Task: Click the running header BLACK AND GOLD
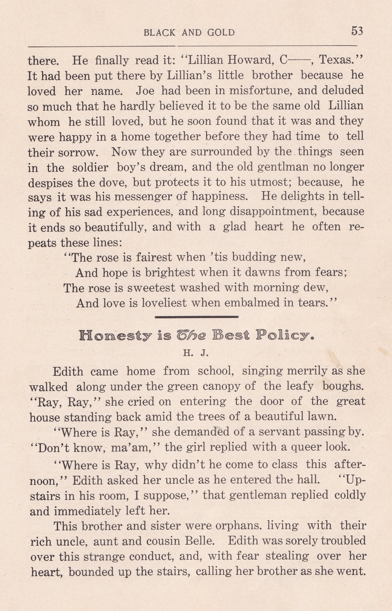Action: [189, 33]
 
